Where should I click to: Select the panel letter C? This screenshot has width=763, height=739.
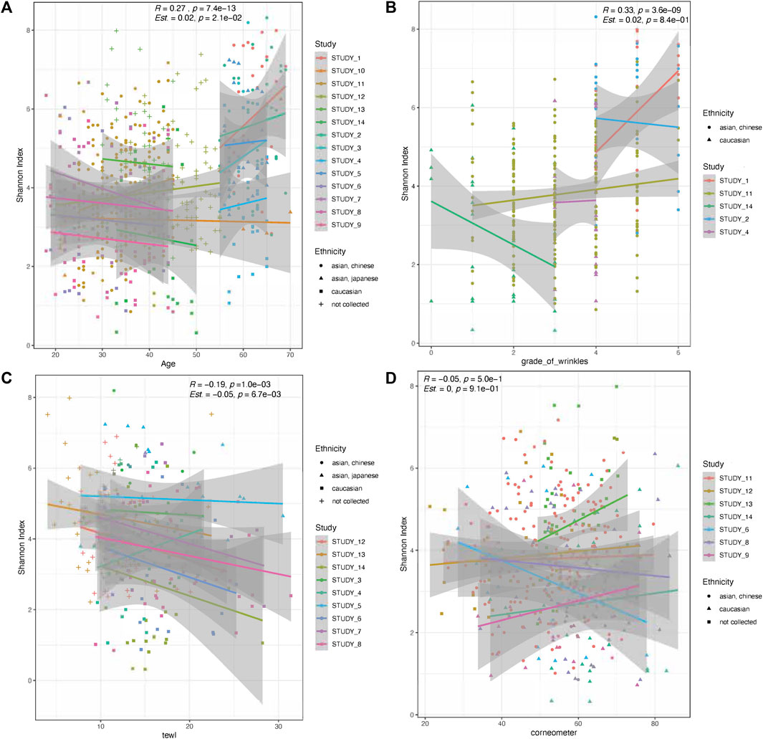click(8, 378)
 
